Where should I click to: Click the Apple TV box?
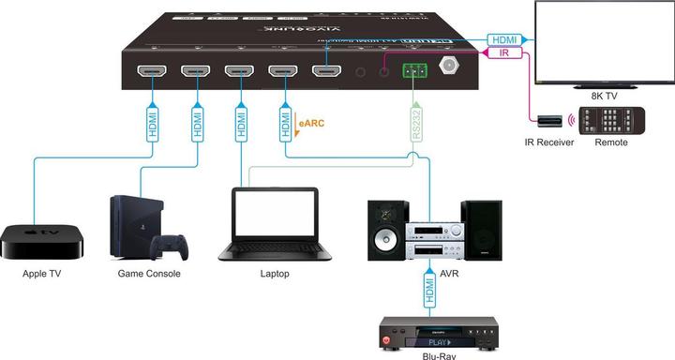pyautogui.click(x=42, y=241)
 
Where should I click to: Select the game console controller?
pyautogui.click(x=170, y=247)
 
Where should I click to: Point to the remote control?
pyautogui.click(x=602, y=122)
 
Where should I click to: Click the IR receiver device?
pyautogui.click(x=549, y=121)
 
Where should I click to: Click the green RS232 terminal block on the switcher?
pyautogui.click(x=413, y=70)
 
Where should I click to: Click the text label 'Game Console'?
pyautogui.click(x=149, y=274)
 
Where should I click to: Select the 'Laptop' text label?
pyautogui.click(x=275, y=274)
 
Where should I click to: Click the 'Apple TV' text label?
pyautogui.click(x=42, y=274)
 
